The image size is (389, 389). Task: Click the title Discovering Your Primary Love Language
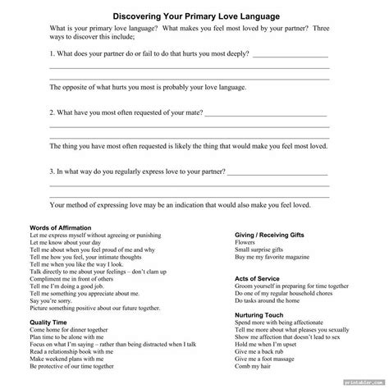click(x=194, y=14)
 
